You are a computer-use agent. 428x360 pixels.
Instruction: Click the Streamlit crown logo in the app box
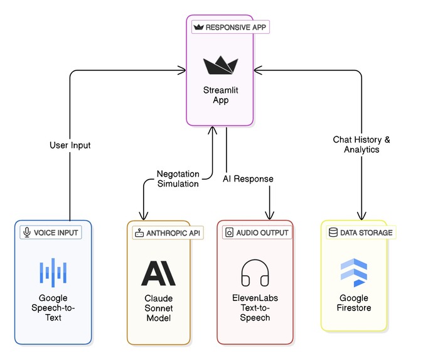(220, 65)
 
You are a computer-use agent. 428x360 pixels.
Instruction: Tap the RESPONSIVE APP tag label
(230, 27)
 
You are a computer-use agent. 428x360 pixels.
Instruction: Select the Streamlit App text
(220, 95)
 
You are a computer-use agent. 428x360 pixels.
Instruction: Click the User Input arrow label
(70, 145)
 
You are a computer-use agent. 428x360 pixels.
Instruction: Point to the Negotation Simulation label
(178, 179)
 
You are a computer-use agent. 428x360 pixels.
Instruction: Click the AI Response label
(248, 179)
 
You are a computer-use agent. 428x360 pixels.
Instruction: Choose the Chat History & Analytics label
(361, 145)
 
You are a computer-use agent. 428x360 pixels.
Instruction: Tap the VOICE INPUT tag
(51, 232)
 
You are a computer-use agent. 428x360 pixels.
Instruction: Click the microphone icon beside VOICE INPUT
(27, 232)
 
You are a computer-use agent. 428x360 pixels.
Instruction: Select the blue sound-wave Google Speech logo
(53, 273)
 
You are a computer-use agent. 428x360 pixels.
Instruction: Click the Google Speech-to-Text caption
(53, 308)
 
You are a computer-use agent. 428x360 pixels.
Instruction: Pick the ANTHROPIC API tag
(168, 233)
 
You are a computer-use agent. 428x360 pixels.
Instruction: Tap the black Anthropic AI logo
(158, 273)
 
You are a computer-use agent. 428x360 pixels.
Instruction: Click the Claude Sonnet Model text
(159, 308)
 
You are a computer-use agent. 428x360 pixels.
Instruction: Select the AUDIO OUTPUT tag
(257, 232)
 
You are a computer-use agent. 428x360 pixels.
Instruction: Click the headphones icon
(255, 273)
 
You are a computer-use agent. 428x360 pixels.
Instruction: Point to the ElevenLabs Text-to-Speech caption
(255, 308)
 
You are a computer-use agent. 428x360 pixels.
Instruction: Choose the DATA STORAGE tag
(361, 232)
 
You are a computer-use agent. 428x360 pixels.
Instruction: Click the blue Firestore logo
(354, 273)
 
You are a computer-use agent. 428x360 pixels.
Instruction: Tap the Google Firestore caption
(354, 303)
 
